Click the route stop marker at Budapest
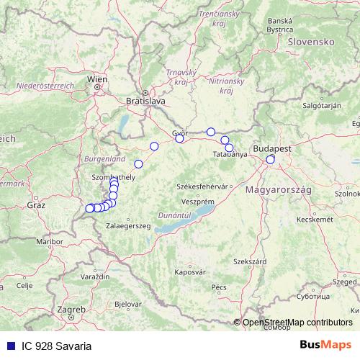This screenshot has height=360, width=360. point(271,159)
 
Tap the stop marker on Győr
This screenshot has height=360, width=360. point(180,138)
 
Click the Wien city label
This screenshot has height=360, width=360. point(96,78)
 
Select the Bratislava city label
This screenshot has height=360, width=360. point(145,102)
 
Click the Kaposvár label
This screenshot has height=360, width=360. point(189,273)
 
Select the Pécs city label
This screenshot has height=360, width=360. point(219,287)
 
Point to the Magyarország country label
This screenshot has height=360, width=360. point(278,189)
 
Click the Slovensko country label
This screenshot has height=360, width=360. point(308,42)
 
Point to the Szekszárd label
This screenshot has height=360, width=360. point(247,261)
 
